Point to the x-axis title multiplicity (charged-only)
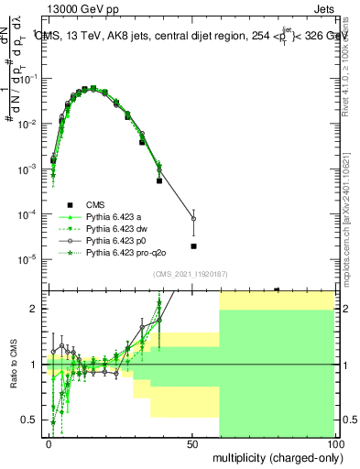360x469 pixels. [273, 456]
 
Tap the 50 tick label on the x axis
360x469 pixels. [192, 442]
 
